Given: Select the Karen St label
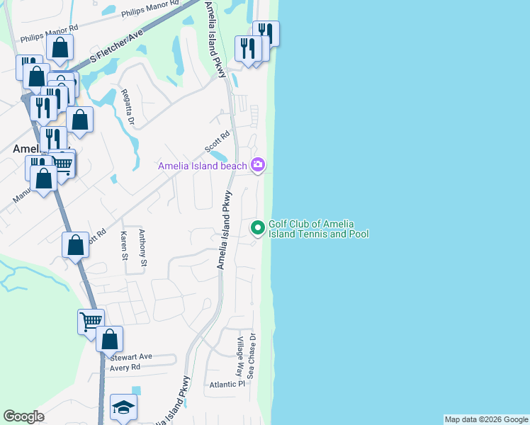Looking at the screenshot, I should pyautogui.click(x=124, y=245).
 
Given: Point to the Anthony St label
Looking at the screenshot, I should pyautogui.click(x=142, y=248).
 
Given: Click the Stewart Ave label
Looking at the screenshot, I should pyautogui.click(x=131, y=357).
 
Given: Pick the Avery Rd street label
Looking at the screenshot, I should pyautogui.click(x=125, y=368).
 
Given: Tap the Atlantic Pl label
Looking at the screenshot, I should pyautogui.click(x=227, y=384).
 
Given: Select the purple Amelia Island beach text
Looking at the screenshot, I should pyautogui.click(x=203, y=166).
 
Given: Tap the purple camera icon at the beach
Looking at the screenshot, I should pyautogui.click(x=258, y=165).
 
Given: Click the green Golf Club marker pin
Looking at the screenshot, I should pyautogui.click(x=258, y=228).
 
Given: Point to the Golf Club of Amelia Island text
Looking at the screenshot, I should pyautogui.click(x=318, y=229).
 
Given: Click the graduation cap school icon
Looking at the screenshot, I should pyautogui.click(x=123, y=408).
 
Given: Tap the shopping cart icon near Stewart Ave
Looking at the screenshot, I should pyautogui.click(x=91, y=322).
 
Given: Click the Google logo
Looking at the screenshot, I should pyautogui.click(x=23, y=416).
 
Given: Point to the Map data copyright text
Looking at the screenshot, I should pyautogui.click(x=485, y=419).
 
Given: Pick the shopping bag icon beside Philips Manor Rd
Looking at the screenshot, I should pyautogui.click(x=60, y=48).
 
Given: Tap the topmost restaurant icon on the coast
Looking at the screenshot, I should pyautogui.click(x=266, y=33).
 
